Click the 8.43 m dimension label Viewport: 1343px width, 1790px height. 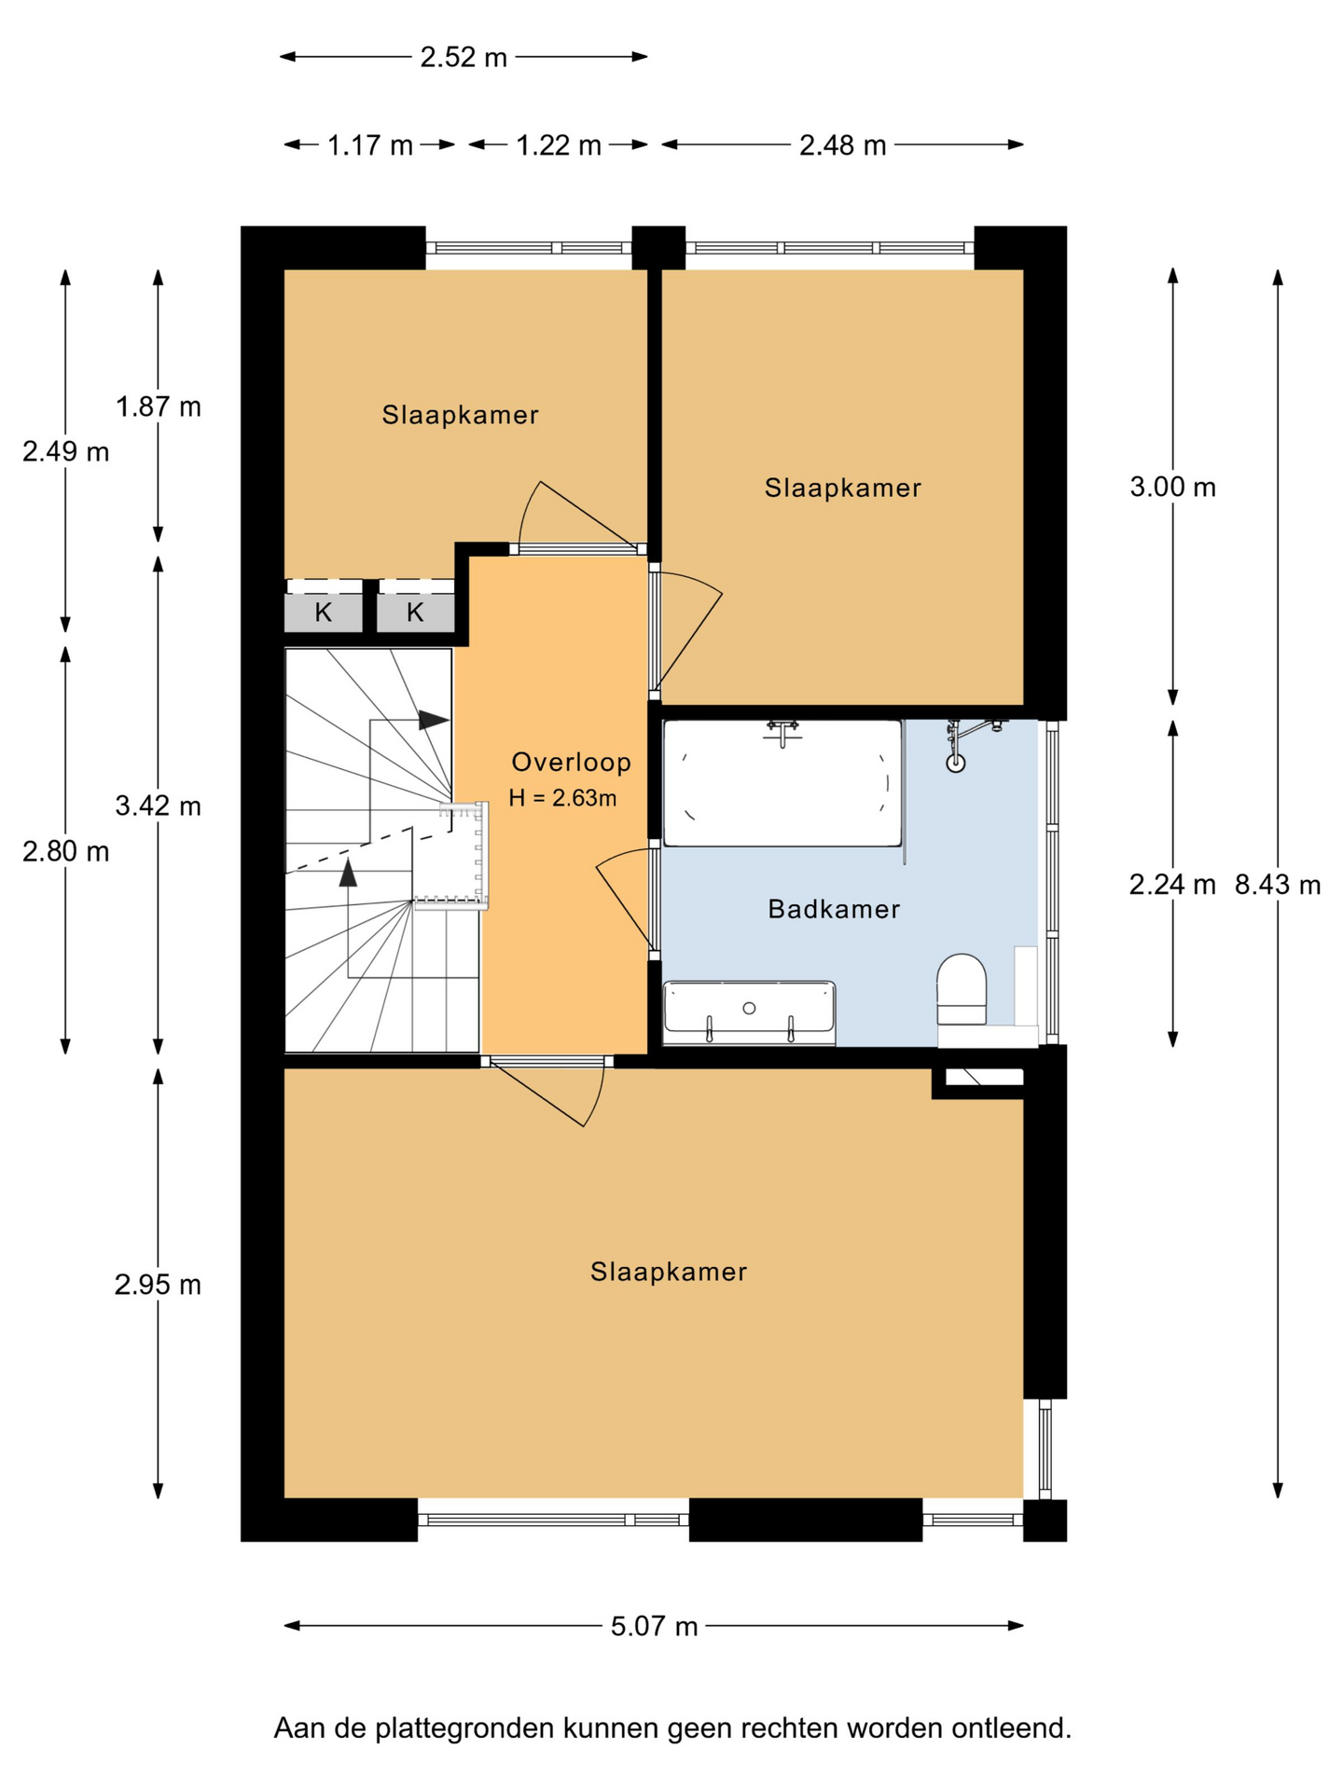pos(1278,885)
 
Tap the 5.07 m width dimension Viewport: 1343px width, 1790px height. pos(654,1626)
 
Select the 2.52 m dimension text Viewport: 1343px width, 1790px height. pos(464,58)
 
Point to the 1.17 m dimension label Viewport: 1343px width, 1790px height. pos(369,145)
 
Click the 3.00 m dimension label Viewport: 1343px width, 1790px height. pos(1172,487)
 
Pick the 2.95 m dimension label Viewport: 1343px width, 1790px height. pos(158,1285)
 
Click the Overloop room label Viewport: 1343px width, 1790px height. pos(572,763)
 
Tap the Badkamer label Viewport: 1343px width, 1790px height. pos(834,909)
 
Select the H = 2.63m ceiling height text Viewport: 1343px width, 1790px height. pos(562,798)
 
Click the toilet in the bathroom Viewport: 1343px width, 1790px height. pos(962,989)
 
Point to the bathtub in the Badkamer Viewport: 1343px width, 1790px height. pos(782,783)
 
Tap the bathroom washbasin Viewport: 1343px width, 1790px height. pos(749,1012)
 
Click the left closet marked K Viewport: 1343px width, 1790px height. pos(323,613)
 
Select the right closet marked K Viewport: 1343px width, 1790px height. pos(415,613)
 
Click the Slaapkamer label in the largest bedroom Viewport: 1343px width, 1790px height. pos(669,1272)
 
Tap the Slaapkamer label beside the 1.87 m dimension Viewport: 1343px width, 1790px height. pos(460,415)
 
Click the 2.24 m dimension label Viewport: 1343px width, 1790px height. pos(1172,885)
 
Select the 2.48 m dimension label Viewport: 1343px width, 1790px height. pos(842,145)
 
